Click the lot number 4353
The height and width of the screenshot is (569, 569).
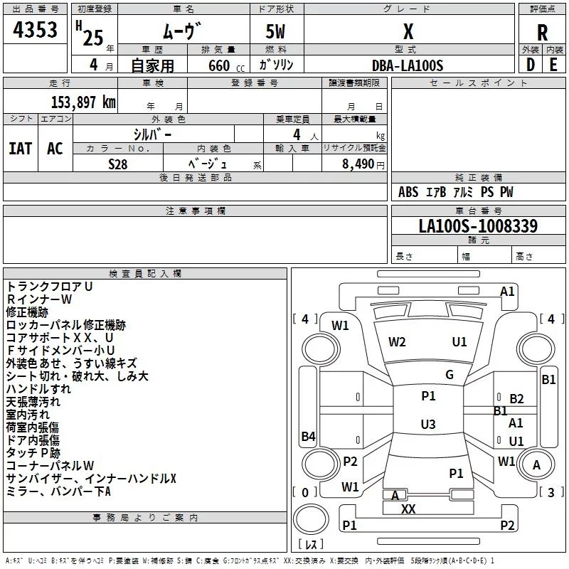click(x=35, y=29)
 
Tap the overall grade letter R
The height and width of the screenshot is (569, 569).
click(x=542, y=33)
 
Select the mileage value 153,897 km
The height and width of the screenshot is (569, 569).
click(x=83, y=102)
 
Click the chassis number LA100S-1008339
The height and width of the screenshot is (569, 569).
click(x=478, y=225)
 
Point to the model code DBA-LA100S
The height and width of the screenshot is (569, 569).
click(x=408, y=65)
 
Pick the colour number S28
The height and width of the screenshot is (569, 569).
click(x=117, y=164)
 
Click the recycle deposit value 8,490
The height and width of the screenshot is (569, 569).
click(x=358, y=164)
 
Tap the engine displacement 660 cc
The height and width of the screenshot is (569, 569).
click(x=226, y=65)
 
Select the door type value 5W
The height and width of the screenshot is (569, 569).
click(x=275, y=31)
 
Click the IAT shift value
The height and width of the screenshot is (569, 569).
click(x=21, y=149)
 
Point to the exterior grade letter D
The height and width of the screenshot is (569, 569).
click(x=530, y=65)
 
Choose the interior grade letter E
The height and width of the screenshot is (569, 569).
click(x=553, y=65)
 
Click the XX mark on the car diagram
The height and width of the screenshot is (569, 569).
click(x=408, y=509)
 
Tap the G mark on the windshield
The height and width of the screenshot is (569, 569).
click(x=450, y=375)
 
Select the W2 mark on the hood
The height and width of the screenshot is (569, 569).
click(x=397, y=342)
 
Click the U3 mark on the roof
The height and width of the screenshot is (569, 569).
click(x=428, y=424)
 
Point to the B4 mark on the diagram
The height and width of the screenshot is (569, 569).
click(x=309, y=436)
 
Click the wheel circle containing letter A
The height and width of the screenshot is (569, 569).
click(x=536, y=464)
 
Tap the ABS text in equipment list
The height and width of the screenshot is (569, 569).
click(x=408, y=192)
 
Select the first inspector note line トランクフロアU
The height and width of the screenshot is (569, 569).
click(x=49, y=287)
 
